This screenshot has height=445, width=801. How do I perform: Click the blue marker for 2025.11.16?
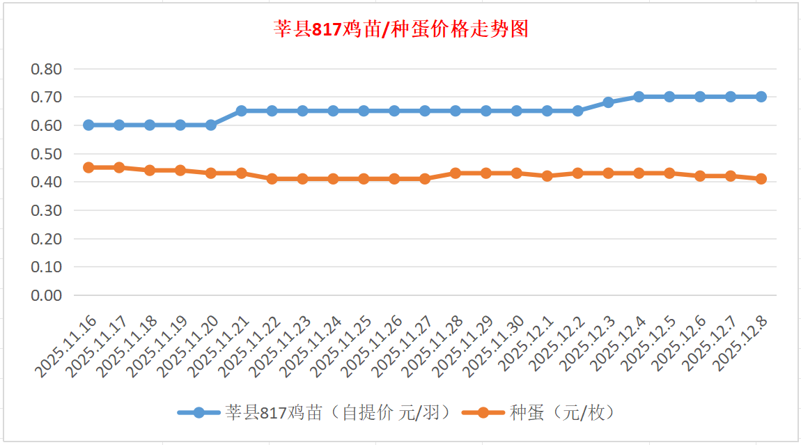pyautogui.click(x=88, y=125)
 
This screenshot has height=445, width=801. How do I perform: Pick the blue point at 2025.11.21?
pyautogui.click(x=241, y=111)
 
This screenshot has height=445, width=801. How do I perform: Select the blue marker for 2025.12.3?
pyautogui.click(x=608, y=102)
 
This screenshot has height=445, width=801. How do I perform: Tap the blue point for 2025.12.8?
pyautogui.click(x=761, y=97)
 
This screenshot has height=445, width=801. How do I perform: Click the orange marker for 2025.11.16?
pyautogui.click(x=88, y=168)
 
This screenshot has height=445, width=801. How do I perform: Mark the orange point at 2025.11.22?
pyautogui.click(x=272, y=179)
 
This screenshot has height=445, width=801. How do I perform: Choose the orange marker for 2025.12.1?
pyautogui.click(x=547, y=176)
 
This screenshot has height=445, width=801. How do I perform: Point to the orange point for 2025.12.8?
pyautogui.click(x=761, y=179)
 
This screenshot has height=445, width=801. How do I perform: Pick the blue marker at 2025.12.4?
pyautogui.click(x=639, y=97)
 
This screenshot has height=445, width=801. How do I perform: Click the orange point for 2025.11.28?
pyautogui.click(x=456, y=173)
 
